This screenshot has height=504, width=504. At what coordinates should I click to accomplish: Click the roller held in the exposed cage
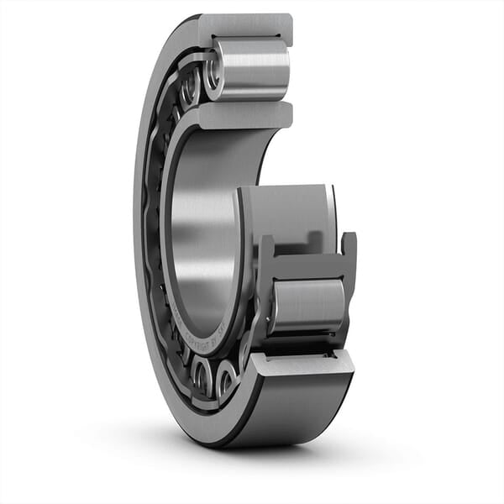[x=307, y=306]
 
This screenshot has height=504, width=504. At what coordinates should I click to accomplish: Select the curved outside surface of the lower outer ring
[x=302, y=407]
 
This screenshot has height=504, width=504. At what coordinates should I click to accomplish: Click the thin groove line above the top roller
[x=252, y=38]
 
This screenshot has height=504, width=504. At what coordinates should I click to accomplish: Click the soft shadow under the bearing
[x=252, y=458]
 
